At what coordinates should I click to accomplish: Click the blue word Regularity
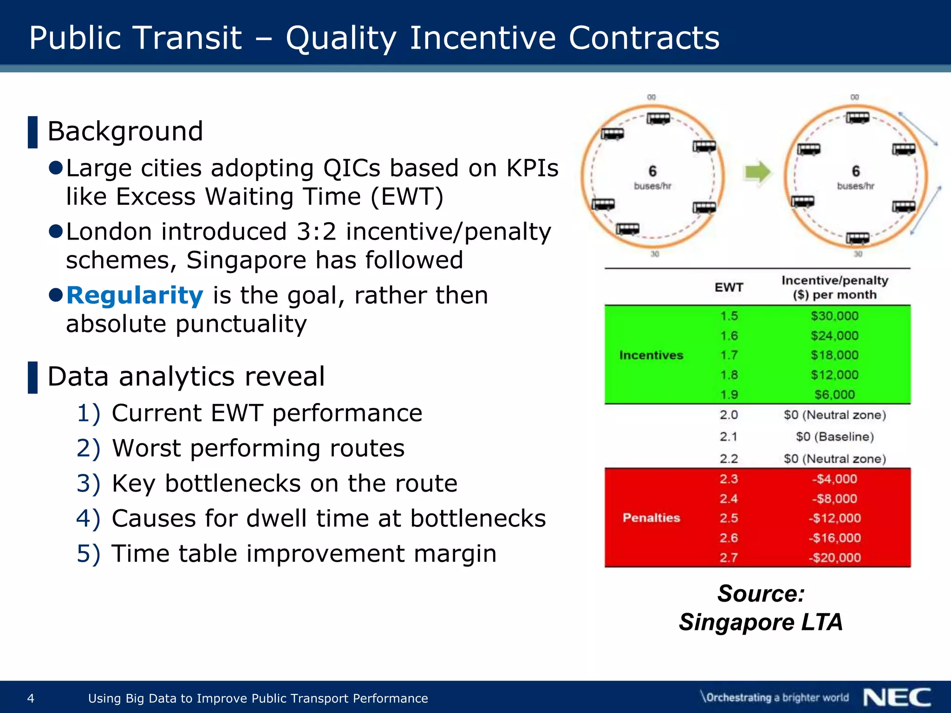click(x=135, y=296)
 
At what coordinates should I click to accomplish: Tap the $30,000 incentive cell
click(x=834, y=316)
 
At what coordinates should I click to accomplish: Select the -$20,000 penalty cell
click(x=834, y=557)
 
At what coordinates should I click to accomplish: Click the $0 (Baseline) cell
click(x=834, y=437)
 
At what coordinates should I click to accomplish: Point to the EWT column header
click(x=729, y=288)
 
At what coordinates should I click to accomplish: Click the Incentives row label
click(x=651, y=355)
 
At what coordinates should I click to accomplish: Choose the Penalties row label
click(x=651, y=518)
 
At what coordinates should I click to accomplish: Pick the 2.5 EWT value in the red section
click(x=729, y=518)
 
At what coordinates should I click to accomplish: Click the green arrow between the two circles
click(x=757, y=173)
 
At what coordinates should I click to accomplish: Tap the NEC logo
click(x=897, y=698)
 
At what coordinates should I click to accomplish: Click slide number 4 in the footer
click(x=31, y=698)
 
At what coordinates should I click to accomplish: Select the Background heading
click(x=125, y=131)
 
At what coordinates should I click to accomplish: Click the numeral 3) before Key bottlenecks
click(x=88, y=484)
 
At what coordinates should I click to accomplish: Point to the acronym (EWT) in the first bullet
click(x=407, y=197)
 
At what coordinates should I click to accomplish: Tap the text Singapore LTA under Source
click(x=761, y=622)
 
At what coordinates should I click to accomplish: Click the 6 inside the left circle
click(x=652, y=171)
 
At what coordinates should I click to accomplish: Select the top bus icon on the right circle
click(x=857, y=118)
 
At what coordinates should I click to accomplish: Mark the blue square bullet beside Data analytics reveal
click(x=33, y=377)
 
